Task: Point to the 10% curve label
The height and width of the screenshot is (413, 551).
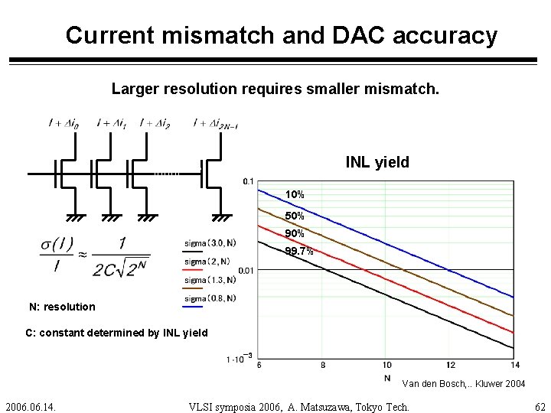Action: [x=295, y=195]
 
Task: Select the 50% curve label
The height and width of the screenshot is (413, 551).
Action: [x=295, y=216]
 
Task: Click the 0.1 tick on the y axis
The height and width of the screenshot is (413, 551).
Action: [x=248, y=181]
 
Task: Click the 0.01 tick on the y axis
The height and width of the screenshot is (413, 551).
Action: [x=245, y=270]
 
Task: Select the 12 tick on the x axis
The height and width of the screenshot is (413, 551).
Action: [x=450, y=365]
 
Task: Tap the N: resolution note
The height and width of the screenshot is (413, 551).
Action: [x=62, y=307]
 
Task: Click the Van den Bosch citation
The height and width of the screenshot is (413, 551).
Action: [x=464, y=384]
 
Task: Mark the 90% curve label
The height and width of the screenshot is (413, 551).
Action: [x=295, y=233]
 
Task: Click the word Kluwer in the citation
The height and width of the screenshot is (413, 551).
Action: [x=482, y=384]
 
